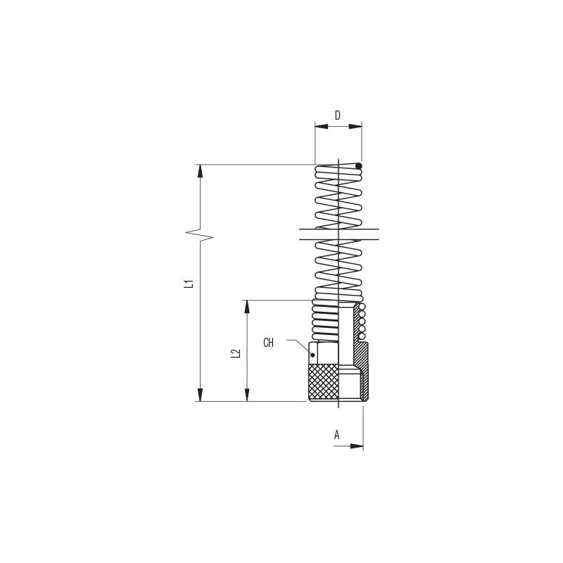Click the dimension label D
338,115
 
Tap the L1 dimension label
189,284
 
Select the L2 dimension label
236,354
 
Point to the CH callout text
268,343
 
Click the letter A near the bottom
337,435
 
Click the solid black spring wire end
358,166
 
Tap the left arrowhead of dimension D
322,127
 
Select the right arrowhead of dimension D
355,127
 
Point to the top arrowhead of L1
201,171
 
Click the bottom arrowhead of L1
201,395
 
